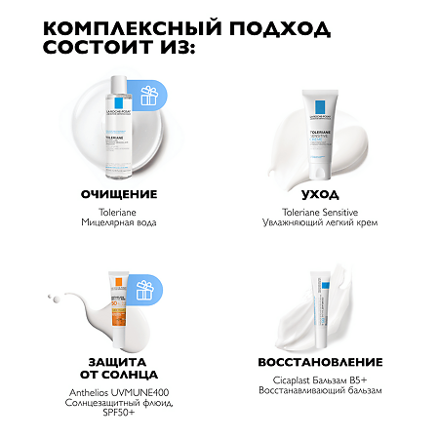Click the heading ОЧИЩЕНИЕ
119,194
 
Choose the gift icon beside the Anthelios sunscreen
146,289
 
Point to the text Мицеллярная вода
119,222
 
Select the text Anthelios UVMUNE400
119,390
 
